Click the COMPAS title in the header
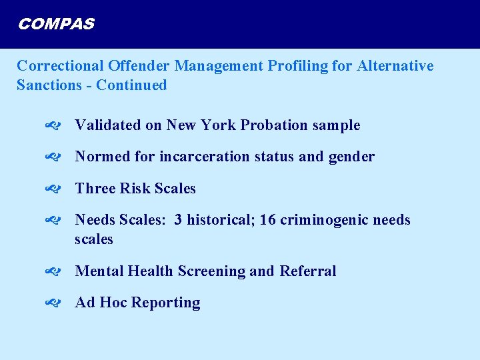pyautogui.click(x=56, y=25)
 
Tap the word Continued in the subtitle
pyautogui.click(x=131, y=85)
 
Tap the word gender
pyautogui.click(x=351, y=157)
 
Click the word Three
pyautogui.click(x=95, y=189)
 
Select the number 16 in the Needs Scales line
pyautogui.click(x=267, y=220)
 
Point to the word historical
pyautogui.click(x=217, y=220)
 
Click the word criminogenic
pyautogui.click(x=327, y=220)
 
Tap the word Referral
pyautogui.click(x=308, y=271)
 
